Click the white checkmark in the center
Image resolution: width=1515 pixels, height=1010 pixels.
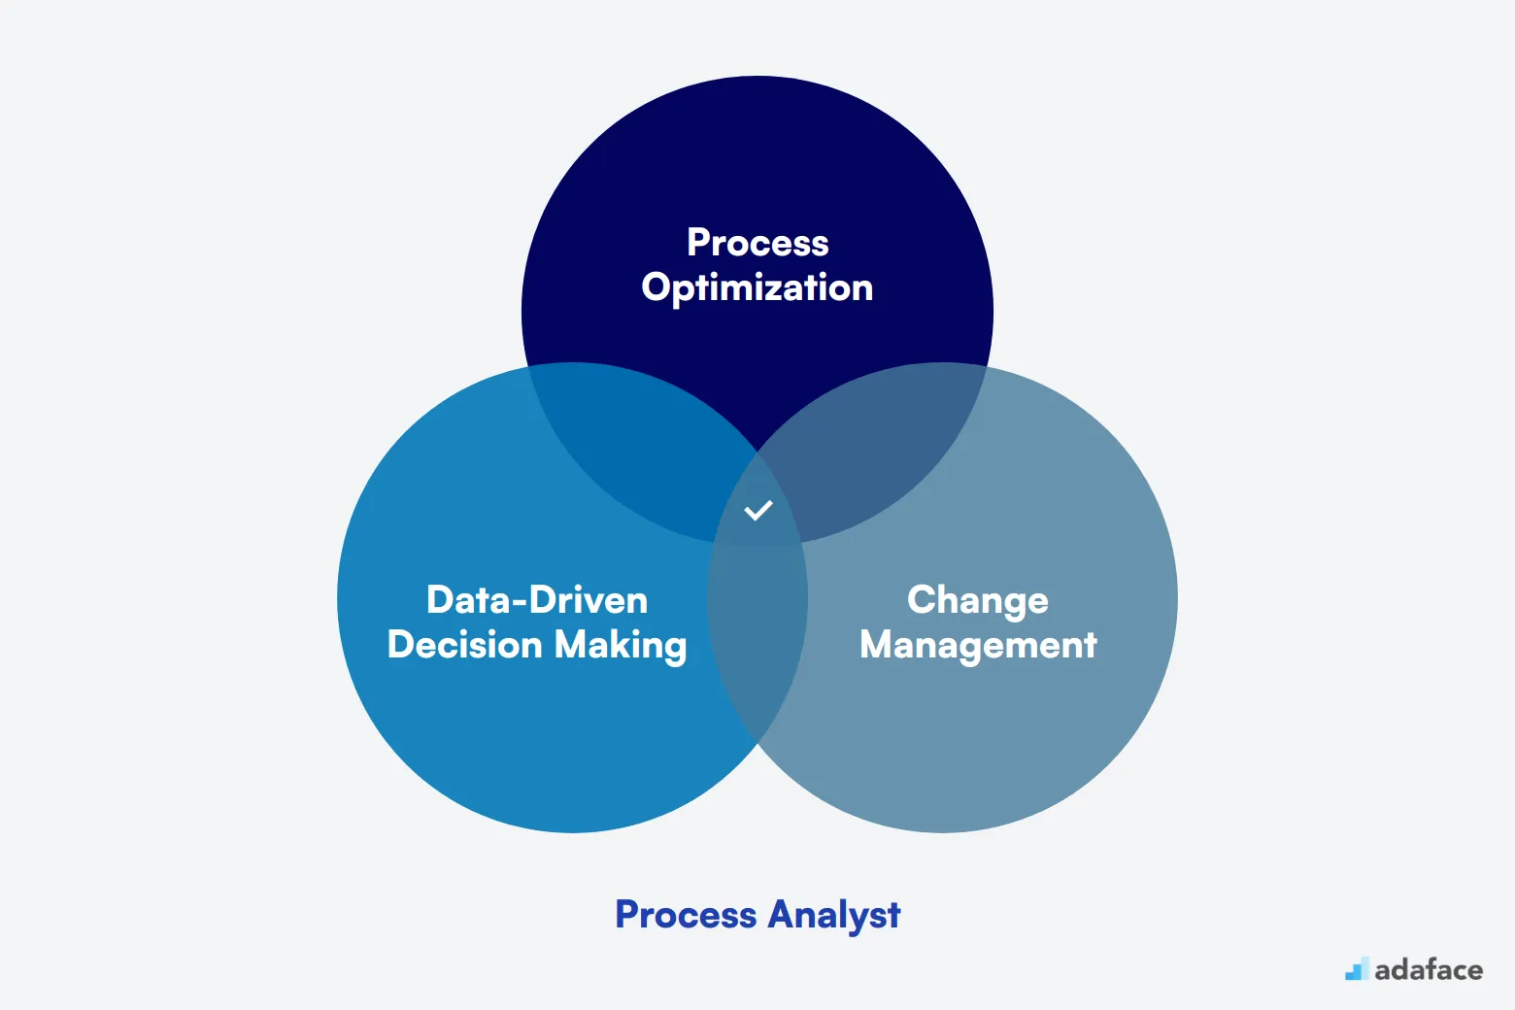coord(758,510)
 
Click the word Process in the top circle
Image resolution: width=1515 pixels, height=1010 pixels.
coord(757,242)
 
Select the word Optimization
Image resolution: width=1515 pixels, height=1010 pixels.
coord(757,288)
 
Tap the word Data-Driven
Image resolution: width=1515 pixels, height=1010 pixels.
coord(537,599)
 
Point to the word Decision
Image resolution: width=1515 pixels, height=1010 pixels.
coord(464,644)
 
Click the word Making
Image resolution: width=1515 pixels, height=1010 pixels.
coord(621,646)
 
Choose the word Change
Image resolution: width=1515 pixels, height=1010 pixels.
coord(978,601)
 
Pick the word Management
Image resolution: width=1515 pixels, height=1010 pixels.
coord(978,646)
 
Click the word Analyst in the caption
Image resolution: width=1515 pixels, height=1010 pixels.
coord(834,916)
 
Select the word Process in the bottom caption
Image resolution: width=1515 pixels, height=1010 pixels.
coord(686,915)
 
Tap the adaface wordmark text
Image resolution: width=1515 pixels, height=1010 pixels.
coord(1429,970)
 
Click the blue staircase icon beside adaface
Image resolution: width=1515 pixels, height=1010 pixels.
coord(1357,969)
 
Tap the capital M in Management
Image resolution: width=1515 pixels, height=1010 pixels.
coord(878,644)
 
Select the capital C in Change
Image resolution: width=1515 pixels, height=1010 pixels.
coord(923,599)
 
